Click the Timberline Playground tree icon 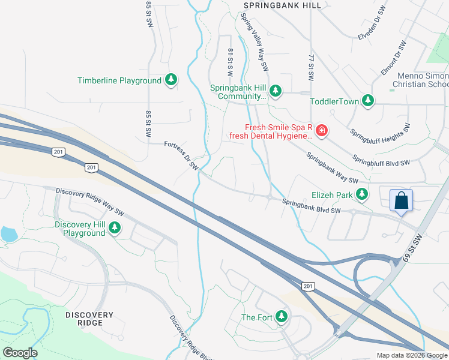click(x=171, y=80)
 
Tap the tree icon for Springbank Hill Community click(x=276, y=91)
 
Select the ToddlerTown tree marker click(x=367, y=101)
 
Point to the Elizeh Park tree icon click(x=362, y=194)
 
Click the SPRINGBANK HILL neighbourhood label click(x=282, y=5)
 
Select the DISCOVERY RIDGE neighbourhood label click(x=89, y=319)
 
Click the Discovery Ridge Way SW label click(x=90, y=202)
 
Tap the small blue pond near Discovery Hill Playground click(x=9, y=234)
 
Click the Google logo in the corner click(x=20, y=353)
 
